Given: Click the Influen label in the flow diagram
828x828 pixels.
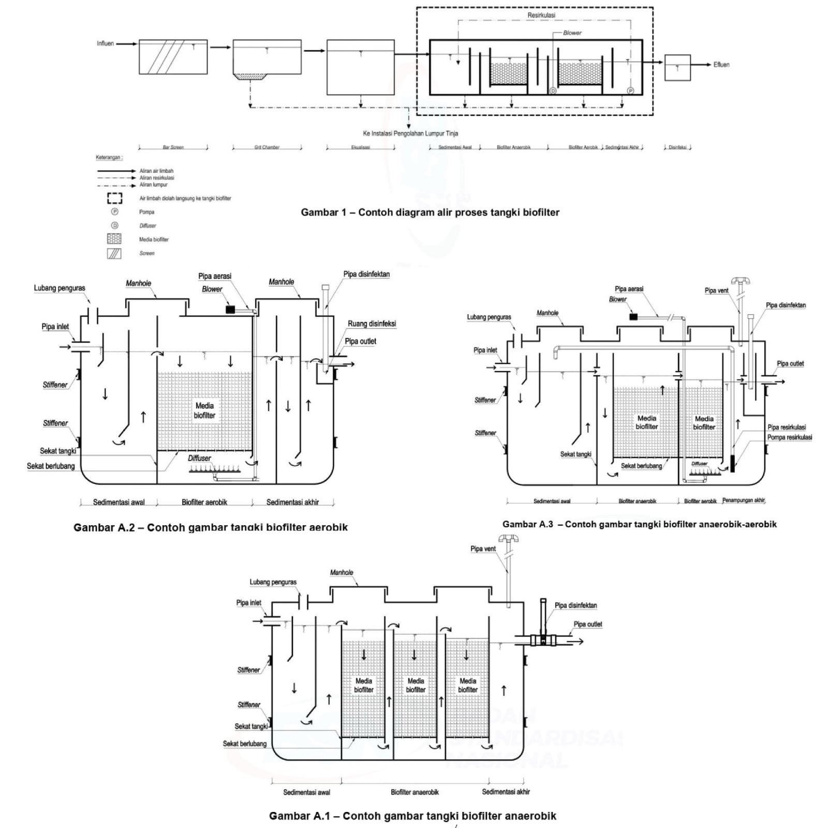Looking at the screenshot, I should click(105, 43).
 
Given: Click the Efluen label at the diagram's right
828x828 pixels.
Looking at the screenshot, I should click(721, 65).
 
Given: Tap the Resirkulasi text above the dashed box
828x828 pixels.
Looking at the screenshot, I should click(541, 16).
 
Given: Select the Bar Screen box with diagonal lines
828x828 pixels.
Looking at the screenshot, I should click(169, 57).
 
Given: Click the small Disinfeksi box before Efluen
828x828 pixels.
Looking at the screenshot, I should click(677, 67).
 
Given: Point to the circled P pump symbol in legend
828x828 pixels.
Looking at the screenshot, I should click(115, 212).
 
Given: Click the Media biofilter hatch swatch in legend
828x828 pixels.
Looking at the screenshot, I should click(114, 239).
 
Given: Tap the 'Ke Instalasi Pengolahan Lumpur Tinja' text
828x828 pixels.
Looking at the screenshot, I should click(411, 134).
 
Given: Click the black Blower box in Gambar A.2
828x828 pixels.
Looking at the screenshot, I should click(230, 309).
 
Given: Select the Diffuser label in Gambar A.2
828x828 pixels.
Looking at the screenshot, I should click(199, 458).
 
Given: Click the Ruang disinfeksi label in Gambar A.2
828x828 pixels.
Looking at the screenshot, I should click(372, 324).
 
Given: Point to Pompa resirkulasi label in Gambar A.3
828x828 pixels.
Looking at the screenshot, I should click(789, 437).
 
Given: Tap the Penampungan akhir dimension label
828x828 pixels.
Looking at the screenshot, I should click(744, 500).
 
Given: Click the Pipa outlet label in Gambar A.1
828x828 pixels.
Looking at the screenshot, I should click(587, 624).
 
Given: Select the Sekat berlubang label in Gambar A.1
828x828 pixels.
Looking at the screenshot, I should click(244, 744).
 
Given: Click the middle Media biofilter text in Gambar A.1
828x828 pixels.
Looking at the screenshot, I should click(416, 685).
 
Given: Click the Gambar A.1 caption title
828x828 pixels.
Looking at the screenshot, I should click(412, 816).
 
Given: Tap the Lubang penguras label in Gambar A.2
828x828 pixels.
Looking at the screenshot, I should click(60, 288).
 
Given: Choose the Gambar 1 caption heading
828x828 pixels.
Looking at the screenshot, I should click(430, 212).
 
